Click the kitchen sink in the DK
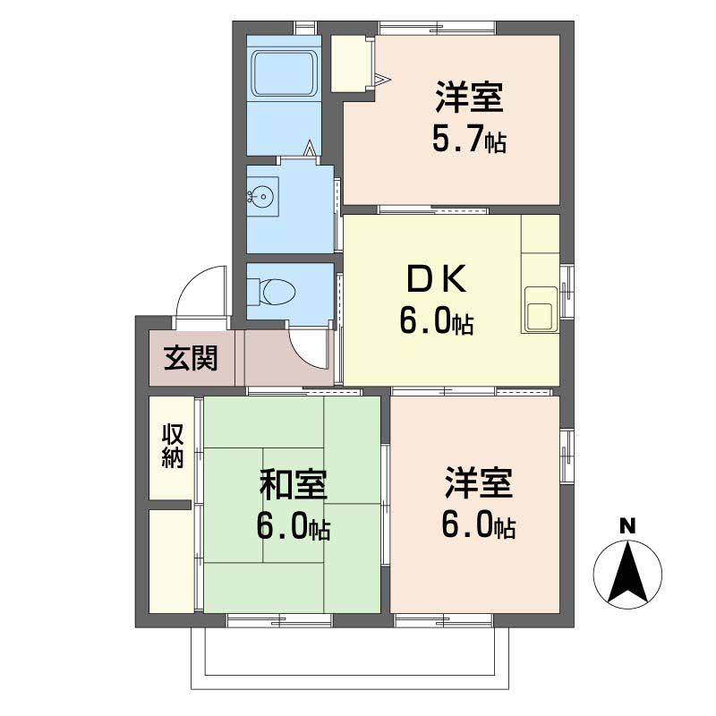(540, 312)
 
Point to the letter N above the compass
(628, 526)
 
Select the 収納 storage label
(172, 446)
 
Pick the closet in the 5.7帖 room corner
(351, 63)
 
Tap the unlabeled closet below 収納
(171, 560)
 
